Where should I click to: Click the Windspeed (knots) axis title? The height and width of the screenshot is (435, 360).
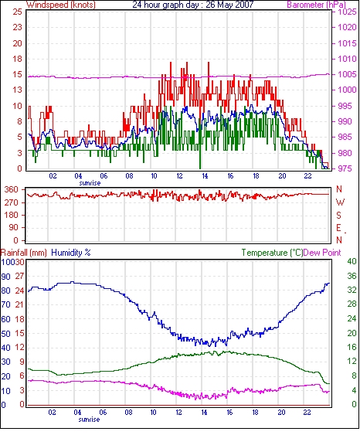pyautogui.click(x=61, y=5)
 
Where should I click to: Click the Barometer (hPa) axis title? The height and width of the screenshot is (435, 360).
pyautogui.click(x=317, y=5)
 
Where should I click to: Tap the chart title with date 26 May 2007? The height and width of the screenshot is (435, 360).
pyautogui.click(x=193, y=5)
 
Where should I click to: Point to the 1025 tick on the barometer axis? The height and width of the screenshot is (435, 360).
pyautogui.click(x=347, y=12)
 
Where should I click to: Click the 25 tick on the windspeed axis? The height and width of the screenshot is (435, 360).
pyautogui.click(x=17, y=12)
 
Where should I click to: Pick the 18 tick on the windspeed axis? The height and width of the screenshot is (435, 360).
pyautogui.click(x=17, y=59)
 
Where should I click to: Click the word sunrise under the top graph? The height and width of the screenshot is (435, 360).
pyautogui.click(x=90, y=183)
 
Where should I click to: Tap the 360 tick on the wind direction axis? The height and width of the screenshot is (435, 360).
pyautogui.click(x=12, y=190)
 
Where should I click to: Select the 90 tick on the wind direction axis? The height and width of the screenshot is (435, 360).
pyautogui.click(x=14, y=227)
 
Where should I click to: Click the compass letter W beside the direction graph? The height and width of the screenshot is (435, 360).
pyautogui.click(x=340, y=202)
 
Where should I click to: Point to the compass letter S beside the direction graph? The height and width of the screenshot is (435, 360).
pyautogui.click(x=338, y=216)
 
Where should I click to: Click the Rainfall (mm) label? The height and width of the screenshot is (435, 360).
pyautogui.click(x=24, y=253)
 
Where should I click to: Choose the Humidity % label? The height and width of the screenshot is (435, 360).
pyautogui.click(x=71, y=253)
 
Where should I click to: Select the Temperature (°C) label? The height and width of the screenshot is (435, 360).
pyautogui.click(x=272, y=253)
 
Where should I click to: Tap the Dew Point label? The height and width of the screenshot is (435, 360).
pyautogui.click(x=322, y=253)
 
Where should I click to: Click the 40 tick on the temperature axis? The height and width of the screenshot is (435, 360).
pyautogui.click(x=352, y=261)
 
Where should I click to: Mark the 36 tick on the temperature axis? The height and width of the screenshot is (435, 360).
pyautogui.click(x=352, y=276)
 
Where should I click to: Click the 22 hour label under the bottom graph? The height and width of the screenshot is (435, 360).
pyautogui.click(x=307, y=413)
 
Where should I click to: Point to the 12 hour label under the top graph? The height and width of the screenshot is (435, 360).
pyautogui.click(x=179, y=176)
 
